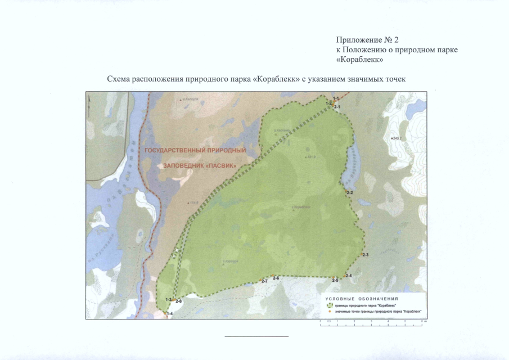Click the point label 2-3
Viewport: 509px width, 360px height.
pyautogui.click(x=366, y=256)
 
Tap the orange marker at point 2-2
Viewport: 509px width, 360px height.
pyautogui.click(x=345, y=191)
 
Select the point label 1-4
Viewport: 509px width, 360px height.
pyautogui.click(x=170, y=313)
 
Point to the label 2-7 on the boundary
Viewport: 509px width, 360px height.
pyautogui.click(x=264, y=281)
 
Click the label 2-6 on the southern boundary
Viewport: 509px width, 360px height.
pyautogui.click(x=276, y=278)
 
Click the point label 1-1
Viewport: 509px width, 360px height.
pyautogui.click(x=336, y=99)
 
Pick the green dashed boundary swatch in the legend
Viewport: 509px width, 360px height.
pyautogui.click(x=330, y=305)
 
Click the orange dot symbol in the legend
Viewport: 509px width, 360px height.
pyautogui.click(x=330, y=311)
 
